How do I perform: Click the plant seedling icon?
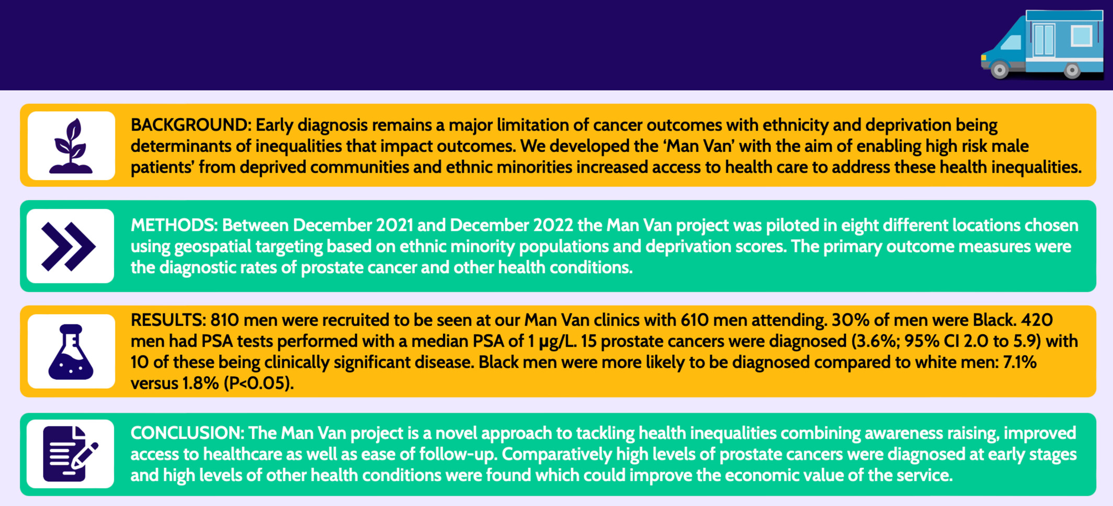[71, 146]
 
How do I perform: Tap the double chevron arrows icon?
[69, 246]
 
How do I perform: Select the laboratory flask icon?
[71, 352]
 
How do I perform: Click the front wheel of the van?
[1000, 70]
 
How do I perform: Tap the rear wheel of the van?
[1072, 70]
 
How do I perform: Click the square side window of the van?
[1081, 36]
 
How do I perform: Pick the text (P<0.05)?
[258, 384]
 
